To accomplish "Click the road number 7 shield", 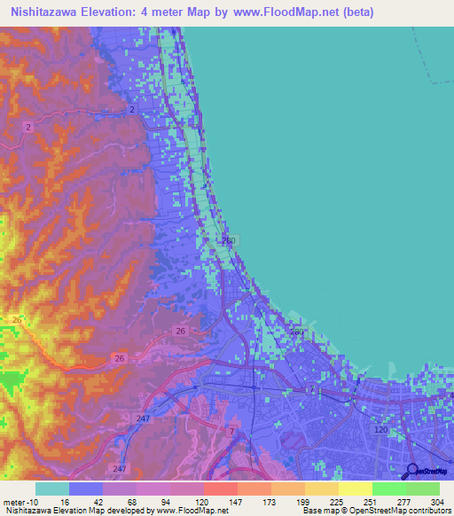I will tap(232, 430).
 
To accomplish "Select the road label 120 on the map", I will tap(381, 429).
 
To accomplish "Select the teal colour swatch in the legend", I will tap(52, 489).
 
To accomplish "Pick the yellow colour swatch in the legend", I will tap(356, 489).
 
